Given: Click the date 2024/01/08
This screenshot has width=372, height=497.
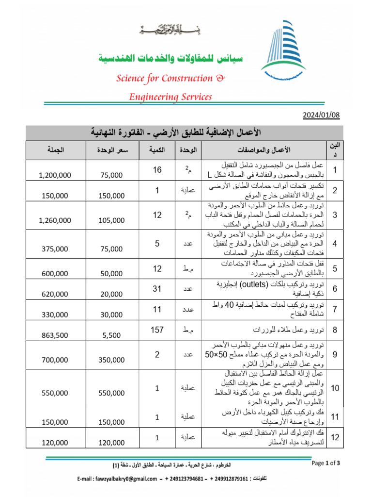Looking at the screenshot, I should click(x=322, y=115).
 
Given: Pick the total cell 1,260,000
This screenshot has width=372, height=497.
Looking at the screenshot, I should click(x=54, y=220).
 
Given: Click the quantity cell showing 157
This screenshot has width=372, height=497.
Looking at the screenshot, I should click(x=157, y=330).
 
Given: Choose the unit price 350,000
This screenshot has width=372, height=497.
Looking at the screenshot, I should click(x=111, y=360).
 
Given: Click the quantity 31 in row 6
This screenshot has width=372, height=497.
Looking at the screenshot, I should click(x=157, y=289).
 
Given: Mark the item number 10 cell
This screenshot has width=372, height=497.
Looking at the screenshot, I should click(x=335, y=388).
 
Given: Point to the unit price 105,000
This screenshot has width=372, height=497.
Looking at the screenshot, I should click(x=111, y=220).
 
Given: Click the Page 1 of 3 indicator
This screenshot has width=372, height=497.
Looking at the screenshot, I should click(x=326, y=463).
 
